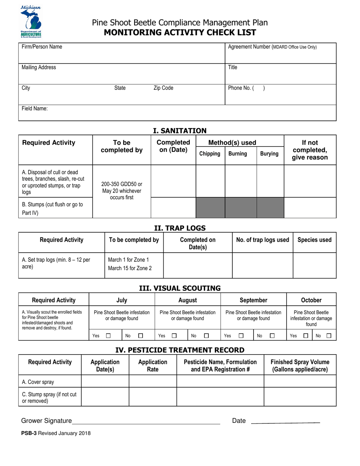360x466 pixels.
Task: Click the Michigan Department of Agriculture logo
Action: click(31, 22)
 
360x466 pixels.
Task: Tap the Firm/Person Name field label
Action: click(42, 47)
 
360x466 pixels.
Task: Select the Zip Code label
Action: click(163, 88)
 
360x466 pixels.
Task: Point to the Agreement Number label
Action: click(272, 47)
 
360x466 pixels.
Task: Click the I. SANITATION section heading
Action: click(180, 131)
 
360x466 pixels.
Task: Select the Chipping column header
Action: click(210, 153)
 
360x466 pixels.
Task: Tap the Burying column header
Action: click(269, 153)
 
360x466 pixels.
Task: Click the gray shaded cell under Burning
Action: click(241, 208)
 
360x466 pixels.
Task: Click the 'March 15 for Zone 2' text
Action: click(128, 269)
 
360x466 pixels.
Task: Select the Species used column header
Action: click(314, 240)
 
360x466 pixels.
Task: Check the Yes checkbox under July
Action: click(108, 335)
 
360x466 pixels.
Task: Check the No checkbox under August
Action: click(207, 335)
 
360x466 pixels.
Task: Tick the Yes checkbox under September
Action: click(241, 335)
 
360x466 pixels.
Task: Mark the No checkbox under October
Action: click(329, 335)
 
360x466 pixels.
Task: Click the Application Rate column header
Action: click(152, 365)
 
